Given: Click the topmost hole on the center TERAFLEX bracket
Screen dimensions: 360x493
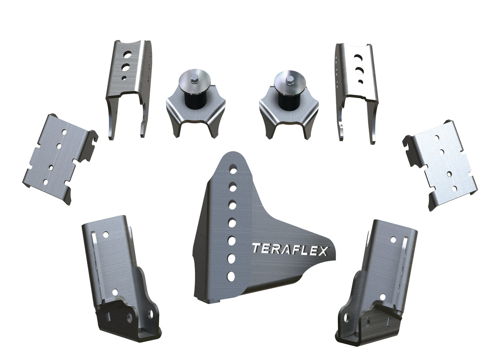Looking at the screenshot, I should click(234, 169).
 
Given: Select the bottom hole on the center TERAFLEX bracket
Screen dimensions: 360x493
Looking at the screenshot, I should click(231, 276).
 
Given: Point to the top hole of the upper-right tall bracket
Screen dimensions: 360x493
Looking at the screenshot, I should click(358, 57).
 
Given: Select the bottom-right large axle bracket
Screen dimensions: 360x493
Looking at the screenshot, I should click(378, 284).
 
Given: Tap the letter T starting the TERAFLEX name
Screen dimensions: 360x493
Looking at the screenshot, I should click(256, 248).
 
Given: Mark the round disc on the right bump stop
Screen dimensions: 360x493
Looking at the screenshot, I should click(289, 84).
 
